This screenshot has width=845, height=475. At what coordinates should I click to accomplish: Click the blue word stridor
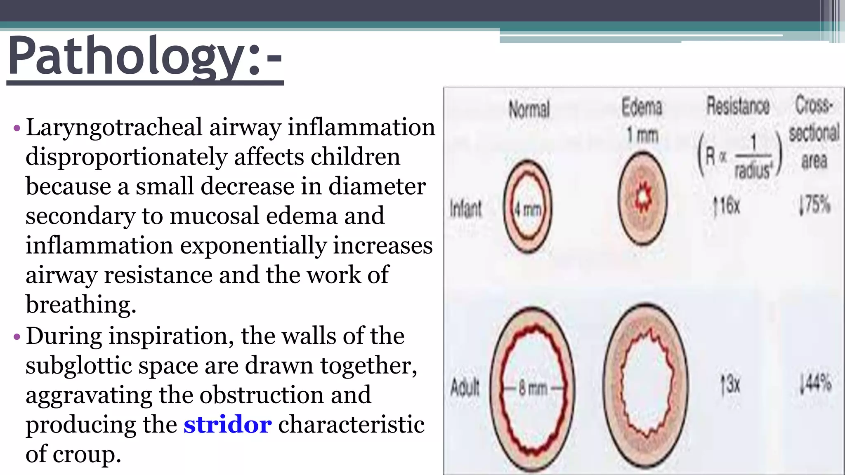(227, 425)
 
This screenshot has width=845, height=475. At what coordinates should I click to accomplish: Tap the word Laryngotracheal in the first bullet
(114, 127)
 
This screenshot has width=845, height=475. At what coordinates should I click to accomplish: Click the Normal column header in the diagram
(529, 109)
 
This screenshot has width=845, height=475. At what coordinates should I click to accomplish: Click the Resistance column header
(738, 106)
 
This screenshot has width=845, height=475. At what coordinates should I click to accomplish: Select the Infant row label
(465, 208)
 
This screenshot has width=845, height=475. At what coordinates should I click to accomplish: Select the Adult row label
(465, 387)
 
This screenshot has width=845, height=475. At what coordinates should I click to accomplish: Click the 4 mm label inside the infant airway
(527, 210)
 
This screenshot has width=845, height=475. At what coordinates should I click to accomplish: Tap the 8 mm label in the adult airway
(533, 388)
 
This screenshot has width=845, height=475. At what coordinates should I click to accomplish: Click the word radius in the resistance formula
(752, 170)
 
